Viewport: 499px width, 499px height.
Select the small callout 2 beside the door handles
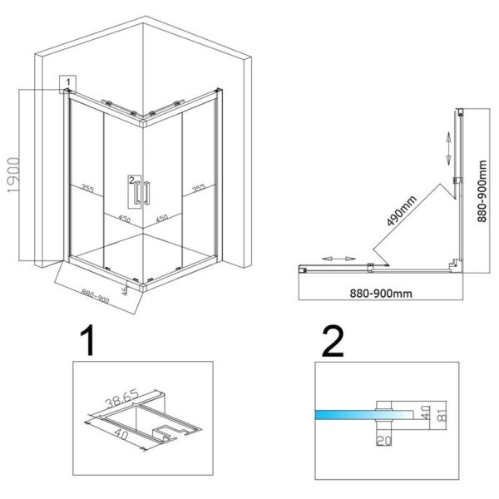tap(131, 178)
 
